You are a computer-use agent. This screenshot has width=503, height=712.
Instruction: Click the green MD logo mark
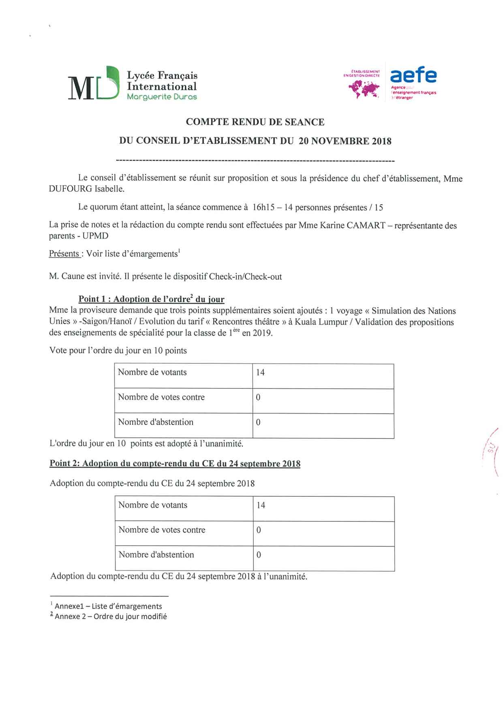click(94, 84)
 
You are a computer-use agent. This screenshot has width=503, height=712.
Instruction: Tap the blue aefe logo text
click(413, 75)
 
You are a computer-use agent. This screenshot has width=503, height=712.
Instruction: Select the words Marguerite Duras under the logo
click(162, 97)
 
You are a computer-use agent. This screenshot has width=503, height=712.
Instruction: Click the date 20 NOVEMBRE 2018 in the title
click(345, 141)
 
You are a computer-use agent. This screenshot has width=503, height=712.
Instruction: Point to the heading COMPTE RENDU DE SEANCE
click(255, 122)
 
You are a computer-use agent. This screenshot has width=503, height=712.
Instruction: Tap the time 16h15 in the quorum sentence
click(263, 207)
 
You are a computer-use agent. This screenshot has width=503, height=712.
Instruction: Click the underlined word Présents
click(64, 254)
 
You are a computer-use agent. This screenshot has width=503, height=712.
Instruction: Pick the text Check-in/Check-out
click(245, 277)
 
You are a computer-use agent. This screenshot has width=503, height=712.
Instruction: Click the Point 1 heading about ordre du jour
click(151, 299)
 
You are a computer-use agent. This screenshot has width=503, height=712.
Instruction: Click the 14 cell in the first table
click(260, 373)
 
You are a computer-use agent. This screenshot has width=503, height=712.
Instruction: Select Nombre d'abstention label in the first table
click(156, 422)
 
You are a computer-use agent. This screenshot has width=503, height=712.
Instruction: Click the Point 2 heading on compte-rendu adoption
click(175, 463)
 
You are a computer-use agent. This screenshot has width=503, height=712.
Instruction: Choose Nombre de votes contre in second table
click(162, 530)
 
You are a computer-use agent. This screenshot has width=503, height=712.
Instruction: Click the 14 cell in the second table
click(261, 506)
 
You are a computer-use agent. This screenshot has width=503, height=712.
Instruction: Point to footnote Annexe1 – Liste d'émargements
click(108, 606)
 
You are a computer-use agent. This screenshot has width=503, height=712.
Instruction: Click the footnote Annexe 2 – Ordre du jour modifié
click(111, 616)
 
